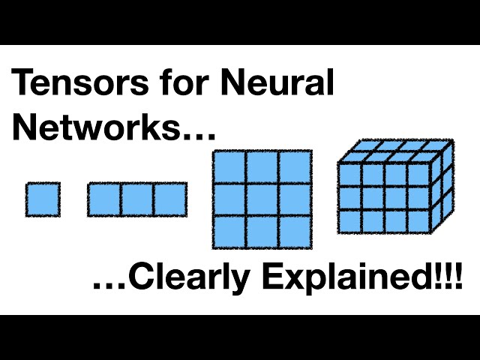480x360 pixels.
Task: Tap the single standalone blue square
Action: tap(43, 199)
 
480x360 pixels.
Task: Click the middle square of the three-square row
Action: tap(137, 199)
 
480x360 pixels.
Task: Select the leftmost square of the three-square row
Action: tap(104, 199)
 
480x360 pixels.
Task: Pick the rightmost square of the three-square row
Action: tap(170, 199)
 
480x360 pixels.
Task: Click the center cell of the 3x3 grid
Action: tap(262, 199)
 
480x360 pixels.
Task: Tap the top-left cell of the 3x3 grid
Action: tap(229, 166)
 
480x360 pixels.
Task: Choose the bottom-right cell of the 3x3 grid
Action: tap(295, 232)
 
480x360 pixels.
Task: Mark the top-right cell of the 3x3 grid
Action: tap(295, 166)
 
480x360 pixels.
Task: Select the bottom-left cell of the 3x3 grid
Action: tap(229, 232)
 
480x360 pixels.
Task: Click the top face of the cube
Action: tap(396, 151)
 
